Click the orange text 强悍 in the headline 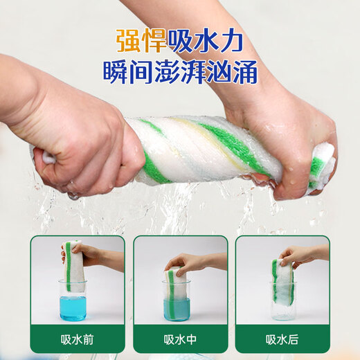(141, 41)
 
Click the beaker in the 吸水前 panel (73, 300)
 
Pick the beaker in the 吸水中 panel (177, 300)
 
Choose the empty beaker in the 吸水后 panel (283, 302)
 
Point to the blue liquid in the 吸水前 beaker (73, 308)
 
